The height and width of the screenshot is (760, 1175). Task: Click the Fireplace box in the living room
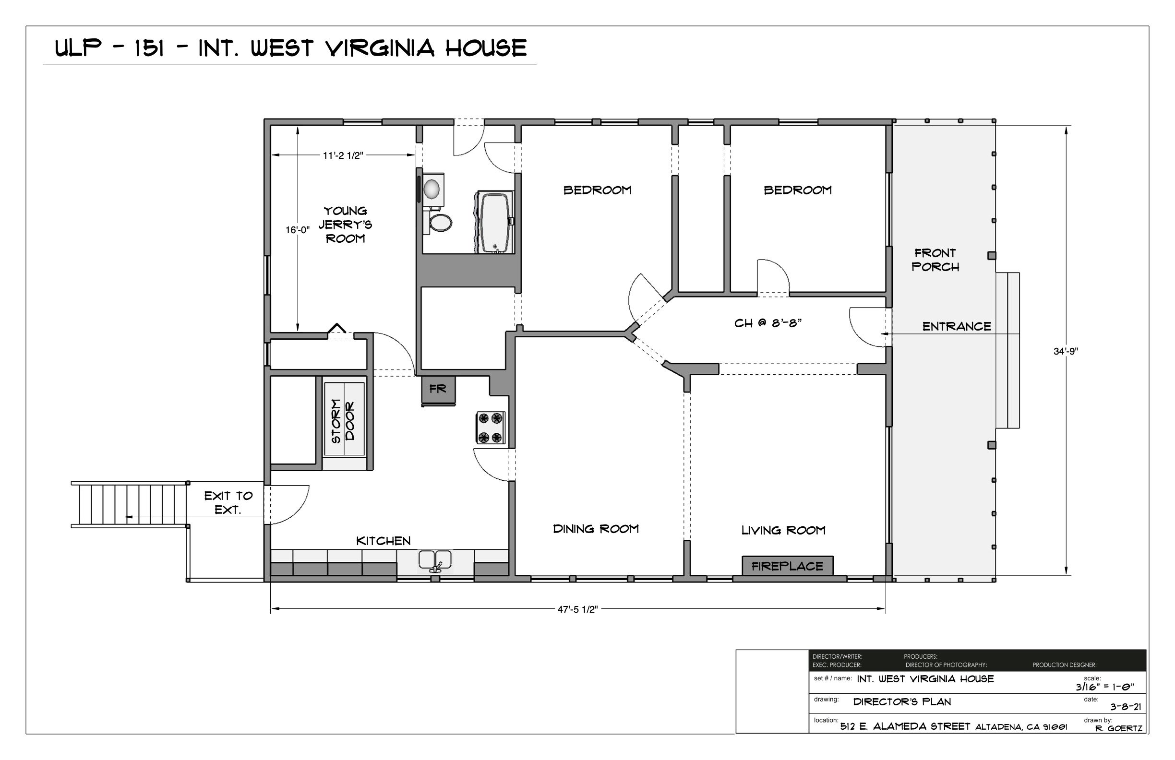787,566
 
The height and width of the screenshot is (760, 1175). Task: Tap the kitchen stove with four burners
490,428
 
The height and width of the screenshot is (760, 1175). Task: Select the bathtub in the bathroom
495,223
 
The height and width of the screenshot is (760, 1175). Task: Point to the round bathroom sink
432,189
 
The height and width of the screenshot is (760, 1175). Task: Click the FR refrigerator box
438,389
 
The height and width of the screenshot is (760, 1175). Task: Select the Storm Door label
344,420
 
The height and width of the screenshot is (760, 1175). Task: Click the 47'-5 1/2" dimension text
577,609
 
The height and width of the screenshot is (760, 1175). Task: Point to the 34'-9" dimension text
1066,351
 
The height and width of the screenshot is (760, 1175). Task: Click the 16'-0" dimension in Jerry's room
297,230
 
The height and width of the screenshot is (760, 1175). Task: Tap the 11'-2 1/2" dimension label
343,155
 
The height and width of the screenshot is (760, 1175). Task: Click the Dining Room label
595,529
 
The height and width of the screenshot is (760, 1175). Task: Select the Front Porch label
935,260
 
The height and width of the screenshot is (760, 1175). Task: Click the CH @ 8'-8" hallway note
767,323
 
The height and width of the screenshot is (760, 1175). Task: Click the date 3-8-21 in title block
1126,707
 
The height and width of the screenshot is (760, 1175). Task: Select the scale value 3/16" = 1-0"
1104,687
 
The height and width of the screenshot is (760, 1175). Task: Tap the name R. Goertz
1118,728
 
